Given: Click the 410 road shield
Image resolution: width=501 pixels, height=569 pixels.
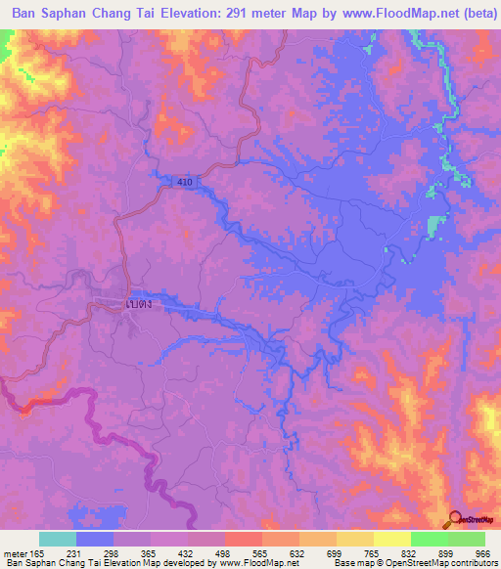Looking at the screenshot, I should click(186, 182).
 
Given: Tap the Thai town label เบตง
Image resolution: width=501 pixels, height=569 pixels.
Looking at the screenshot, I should click(141, 304).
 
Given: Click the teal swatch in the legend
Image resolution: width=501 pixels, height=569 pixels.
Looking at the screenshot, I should click(57, 539).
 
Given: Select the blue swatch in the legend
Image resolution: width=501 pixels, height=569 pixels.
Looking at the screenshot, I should click(94, 539).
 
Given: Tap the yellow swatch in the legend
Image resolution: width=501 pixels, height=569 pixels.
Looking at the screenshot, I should click(391, 539).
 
